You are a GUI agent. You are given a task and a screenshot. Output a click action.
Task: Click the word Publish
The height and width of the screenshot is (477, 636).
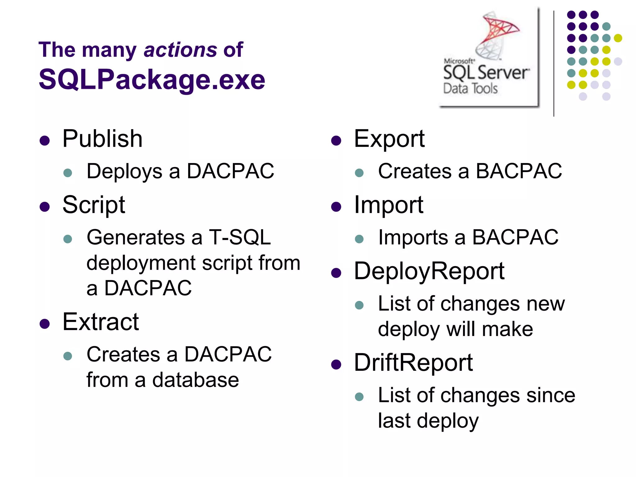pos(102,139)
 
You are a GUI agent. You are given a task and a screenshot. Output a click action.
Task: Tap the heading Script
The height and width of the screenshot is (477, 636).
pos(93,205)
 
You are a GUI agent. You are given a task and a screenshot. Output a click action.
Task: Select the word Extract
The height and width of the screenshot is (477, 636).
pos(100,322)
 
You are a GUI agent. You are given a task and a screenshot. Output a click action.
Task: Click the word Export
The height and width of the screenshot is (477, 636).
pos(389,139)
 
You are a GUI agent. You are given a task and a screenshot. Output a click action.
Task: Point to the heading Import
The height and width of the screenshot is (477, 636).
pos(388,205)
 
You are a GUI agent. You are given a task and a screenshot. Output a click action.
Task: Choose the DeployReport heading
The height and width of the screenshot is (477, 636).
pos(429,271)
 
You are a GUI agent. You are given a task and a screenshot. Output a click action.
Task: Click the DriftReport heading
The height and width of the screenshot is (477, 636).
pos(413,362)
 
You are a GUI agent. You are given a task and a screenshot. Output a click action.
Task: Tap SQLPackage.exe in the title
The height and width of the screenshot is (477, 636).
pos(152,79)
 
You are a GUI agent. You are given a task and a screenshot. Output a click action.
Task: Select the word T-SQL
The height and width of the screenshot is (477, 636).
pos(240,238)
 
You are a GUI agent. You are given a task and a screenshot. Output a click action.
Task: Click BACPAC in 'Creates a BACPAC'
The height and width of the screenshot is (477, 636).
pos(519,171)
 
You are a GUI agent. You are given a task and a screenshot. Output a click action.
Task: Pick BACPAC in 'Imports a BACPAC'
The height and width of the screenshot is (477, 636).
pos(515,238)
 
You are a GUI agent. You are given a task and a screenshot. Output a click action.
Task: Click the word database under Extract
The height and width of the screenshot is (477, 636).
pos(195,380)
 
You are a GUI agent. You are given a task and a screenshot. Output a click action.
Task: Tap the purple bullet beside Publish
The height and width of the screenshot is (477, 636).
pos(45,141)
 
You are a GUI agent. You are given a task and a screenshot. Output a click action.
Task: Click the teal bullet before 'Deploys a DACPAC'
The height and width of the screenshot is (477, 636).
pos(67,173)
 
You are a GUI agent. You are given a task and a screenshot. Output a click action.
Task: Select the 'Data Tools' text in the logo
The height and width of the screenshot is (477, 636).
pos(470,89)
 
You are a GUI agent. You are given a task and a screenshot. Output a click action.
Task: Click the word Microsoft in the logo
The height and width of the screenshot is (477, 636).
pos(459,61)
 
